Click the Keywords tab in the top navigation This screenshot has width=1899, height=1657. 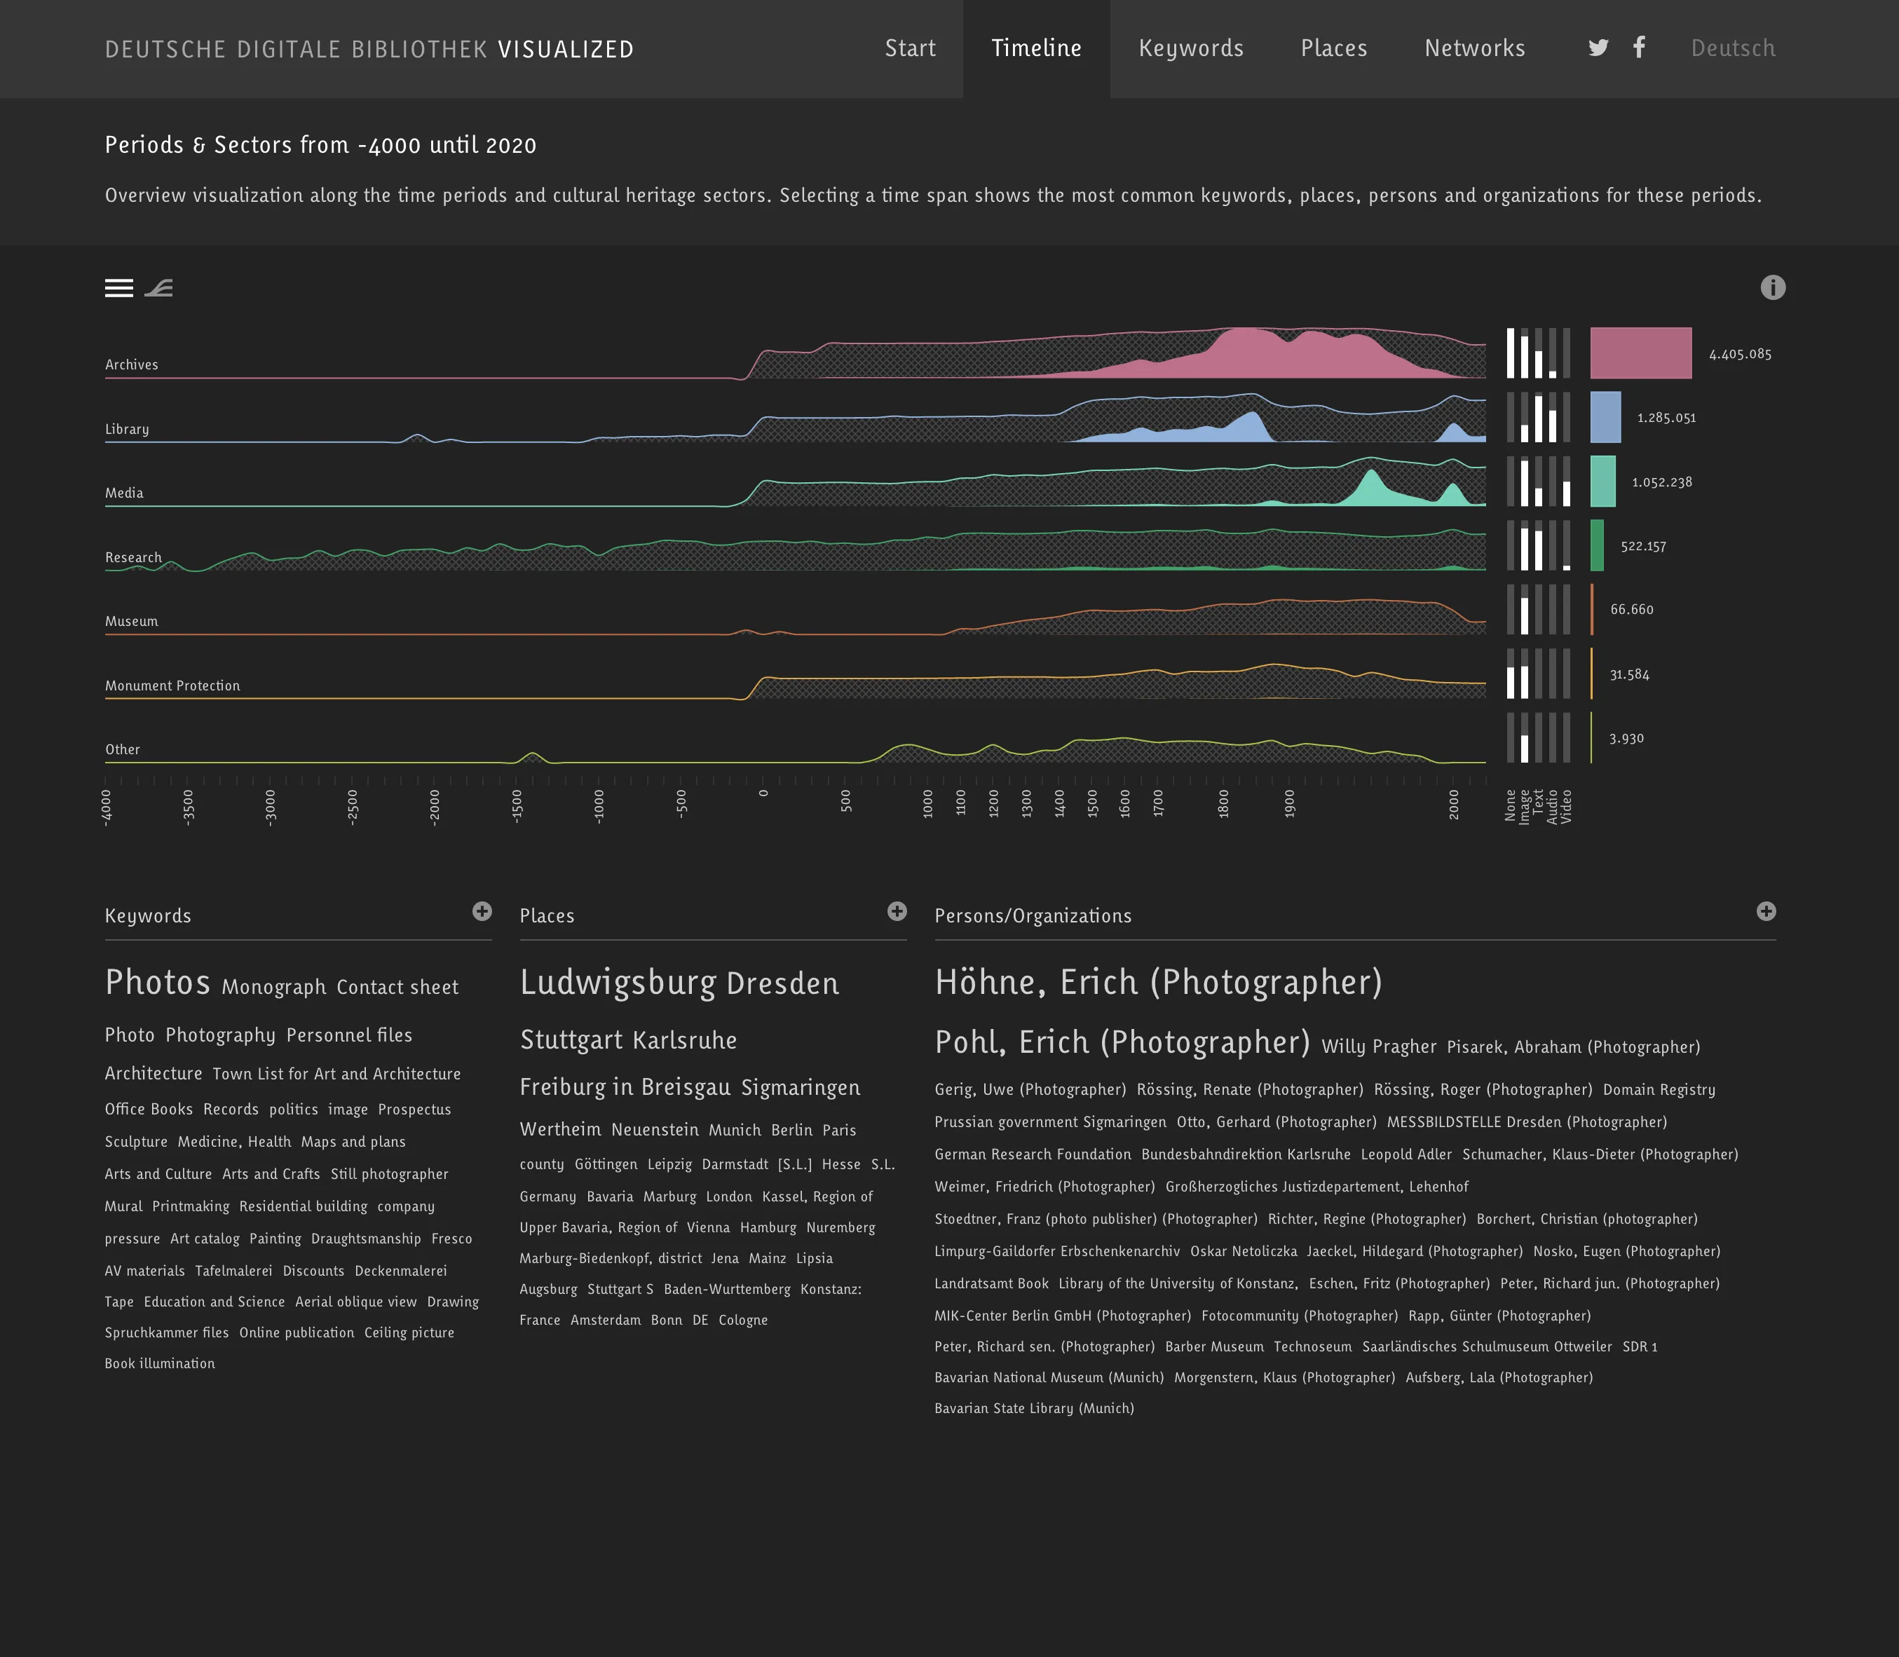[1191, 48]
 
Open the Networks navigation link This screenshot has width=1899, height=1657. [1475, 48]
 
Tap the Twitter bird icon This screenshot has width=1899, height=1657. [1598, 48]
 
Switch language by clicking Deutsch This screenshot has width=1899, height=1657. [1733, 48]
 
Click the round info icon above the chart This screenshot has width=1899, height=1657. [1772, 287]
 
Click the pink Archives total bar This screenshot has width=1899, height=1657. [1640, 353]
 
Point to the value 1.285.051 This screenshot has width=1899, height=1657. [1666, 418]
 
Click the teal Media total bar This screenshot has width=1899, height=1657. [1602, 482]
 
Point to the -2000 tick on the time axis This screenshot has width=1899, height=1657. [435, 806]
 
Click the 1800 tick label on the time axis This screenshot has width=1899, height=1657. [1223, 803]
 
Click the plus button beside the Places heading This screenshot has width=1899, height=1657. [897, 912]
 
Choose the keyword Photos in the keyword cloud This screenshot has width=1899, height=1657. [157, 983]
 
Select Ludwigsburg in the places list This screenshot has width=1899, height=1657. [618, 983]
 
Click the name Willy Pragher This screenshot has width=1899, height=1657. [1378, 1046]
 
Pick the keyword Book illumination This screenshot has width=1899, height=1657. [160, 1364]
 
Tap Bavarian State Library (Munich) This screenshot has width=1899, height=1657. [1034, 1408]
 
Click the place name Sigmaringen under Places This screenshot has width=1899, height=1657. [801, 1089]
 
